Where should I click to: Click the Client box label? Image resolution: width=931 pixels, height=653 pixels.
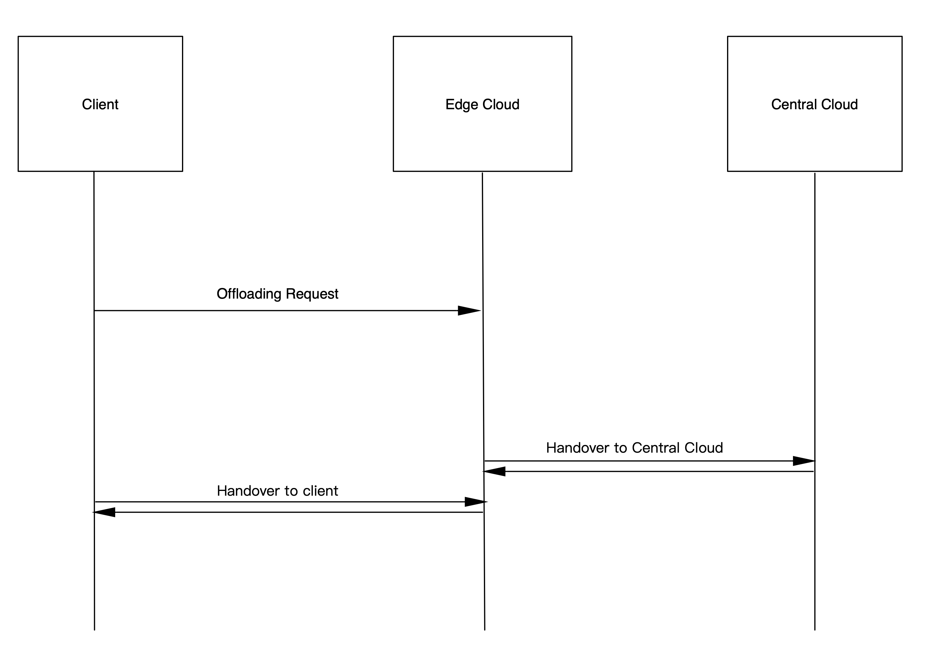point(100,104)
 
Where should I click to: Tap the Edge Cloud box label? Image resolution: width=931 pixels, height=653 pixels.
point(482,104)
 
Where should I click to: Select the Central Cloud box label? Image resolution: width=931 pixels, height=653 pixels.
point(814,104)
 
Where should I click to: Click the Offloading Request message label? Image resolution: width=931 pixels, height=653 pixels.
point(277,294)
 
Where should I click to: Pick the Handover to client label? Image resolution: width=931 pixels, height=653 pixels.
point(277,491)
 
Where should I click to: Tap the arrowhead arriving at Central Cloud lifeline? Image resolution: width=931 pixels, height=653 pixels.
point(804,461)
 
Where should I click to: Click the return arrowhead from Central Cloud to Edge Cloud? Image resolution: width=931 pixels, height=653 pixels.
point(494,471)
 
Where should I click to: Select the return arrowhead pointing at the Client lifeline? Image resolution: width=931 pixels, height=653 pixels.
point(104,512)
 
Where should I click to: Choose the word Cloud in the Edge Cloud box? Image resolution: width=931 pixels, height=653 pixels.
point(501,104)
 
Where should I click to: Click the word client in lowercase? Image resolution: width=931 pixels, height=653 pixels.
point(320,491)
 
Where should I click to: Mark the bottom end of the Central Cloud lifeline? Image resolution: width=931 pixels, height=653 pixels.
point(815,630)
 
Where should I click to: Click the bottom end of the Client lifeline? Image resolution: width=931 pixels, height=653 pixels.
point(94,630)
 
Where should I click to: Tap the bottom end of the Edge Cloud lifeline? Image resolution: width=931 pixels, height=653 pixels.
point(484,630)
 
